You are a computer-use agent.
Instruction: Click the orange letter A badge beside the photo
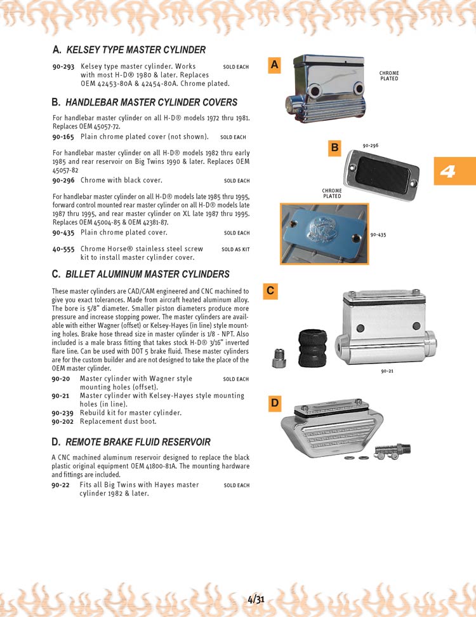[274, 65]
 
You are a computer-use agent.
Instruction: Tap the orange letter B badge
[334, 148]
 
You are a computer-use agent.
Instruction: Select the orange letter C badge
[270, 291]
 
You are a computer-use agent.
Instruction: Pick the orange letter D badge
[274, 402]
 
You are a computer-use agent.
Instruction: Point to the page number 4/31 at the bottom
[256, 599]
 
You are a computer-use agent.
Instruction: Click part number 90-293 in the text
[63, 66]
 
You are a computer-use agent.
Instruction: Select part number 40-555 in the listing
[63, 249]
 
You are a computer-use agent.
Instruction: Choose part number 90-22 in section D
[61, 485]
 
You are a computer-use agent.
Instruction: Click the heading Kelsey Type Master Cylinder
[136, 50]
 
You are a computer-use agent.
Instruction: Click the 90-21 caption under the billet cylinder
[387, 370]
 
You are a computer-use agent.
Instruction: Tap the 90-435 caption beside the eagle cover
[378, 234]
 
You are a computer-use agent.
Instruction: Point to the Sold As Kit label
[235, 250]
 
